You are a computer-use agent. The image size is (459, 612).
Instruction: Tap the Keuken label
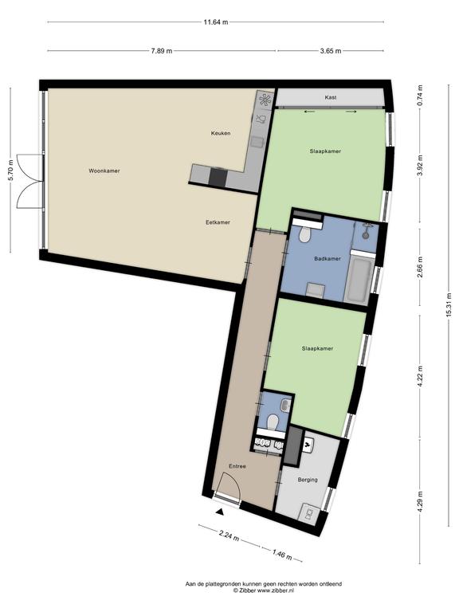[221, 133]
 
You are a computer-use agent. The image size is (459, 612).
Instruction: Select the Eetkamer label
[218, 222]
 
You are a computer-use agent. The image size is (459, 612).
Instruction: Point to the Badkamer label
[328, 258]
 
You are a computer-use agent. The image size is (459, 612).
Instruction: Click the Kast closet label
[330, 97]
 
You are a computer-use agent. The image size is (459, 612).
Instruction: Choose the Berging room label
[308, 480]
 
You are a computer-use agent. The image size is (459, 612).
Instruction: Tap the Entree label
[237, 466]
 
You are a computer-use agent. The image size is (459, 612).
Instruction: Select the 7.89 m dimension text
[162, 50]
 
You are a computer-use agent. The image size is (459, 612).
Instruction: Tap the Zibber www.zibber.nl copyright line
[263, 591]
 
